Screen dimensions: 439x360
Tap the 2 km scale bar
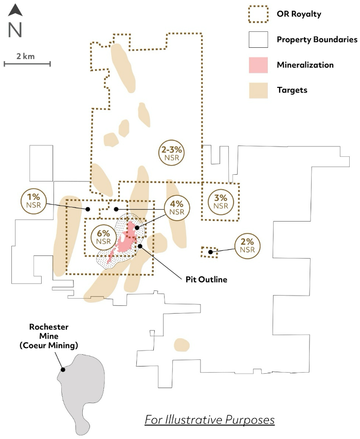tap(27, 64)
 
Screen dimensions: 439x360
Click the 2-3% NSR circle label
tap(172, 153)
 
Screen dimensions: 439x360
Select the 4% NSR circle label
tap(176, 208)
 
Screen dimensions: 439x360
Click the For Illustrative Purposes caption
tap(210, 419)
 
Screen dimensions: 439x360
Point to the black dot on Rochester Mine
tap(62, 369)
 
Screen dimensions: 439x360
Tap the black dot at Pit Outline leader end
tap(140, 246)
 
